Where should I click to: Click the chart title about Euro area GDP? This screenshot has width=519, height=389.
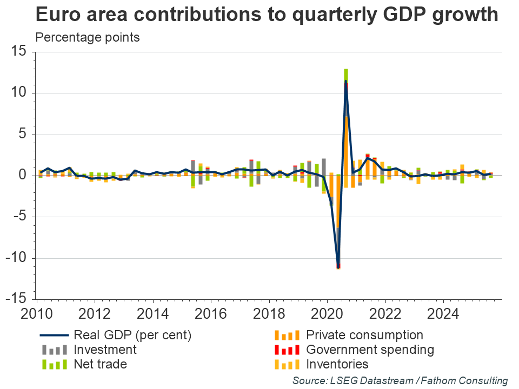[267, 15]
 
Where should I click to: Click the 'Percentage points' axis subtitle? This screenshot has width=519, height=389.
[88, 38]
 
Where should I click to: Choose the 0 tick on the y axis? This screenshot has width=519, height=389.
[24, 176]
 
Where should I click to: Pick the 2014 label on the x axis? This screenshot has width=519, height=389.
[152, 313]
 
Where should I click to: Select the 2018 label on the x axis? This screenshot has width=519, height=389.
[269, 313]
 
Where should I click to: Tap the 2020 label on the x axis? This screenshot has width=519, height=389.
[327, 313]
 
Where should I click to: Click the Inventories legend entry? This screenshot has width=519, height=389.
[337, 364]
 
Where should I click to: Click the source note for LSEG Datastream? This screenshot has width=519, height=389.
[400, 380]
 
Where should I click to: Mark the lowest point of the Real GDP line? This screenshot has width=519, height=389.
[338, 266]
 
